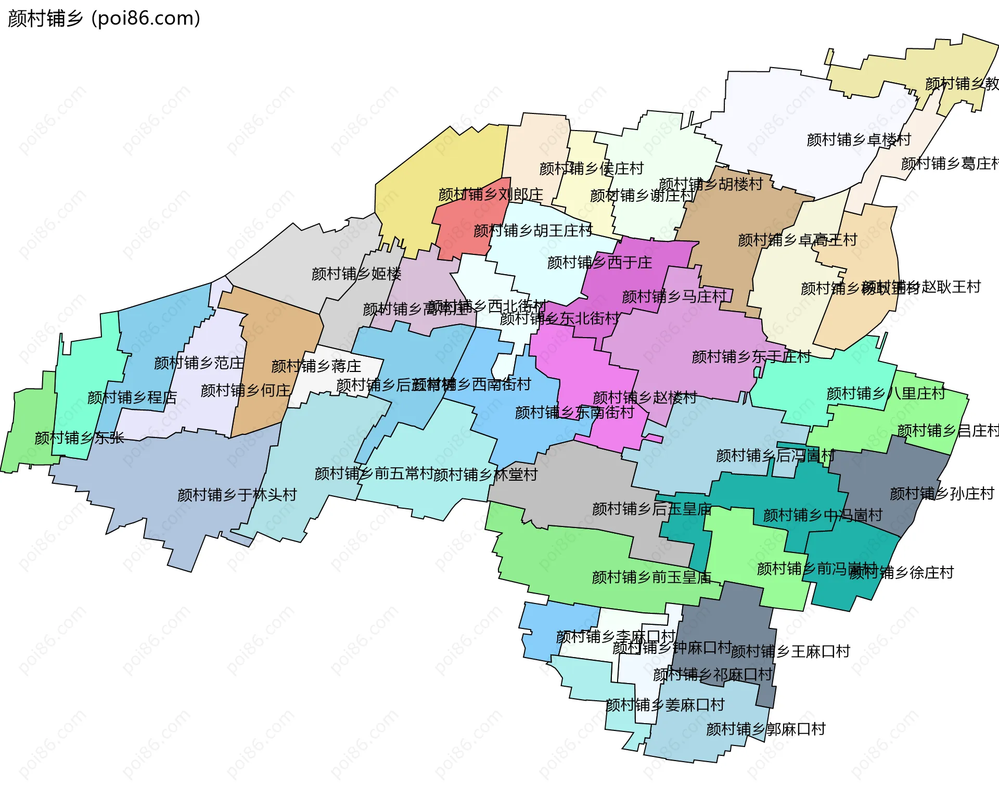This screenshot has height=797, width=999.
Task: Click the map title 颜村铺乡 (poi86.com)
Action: point(104,19)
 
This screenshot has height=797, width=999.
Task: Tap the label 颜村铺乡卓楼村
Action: point(859,140)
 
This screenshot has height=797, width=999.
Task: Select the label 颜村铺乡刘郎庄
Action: point(491,195)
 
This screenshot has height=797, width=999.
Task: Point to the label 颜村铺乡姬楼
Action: point(356,274)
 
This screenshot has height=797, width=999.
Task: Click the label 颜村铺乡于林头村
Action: point(237,495)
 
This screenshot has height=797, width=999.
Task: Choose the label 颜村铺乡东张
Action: point(79,438)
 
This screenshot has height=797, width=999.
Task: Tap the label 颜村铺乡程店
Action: point(132,398)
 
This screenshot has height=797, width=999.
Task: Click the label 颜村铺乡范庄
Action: point(199,363)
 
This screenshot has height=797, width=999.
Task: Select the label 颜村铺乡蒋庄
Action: point(316,366)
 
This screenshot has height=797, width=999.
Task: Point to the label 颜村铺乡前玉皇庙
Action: point(651,577)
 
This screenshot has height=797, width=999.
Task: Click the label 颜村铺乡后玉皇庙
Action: point(651,509)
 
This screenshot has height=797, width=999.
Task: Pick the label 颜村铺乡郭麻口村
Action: point(765,729)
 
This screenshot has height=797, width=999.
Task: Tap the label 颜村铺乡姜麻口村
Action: point(665,705)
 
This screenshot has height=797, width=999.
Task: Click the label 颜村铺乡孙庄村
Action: point(942,494)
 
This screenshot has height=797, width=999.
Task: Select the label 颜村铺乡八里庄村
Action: point(886,394)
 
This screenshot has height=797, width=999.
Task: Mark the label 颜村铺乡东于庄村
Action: point(751,357)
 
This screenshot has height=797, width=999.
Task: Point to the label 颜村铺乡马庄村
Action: point(674,297)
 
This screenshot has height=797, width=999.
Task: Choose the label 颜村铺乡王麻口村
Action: point(790,651)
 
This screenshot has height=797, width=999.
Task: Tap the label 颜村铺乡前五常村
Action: point(374,474)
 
